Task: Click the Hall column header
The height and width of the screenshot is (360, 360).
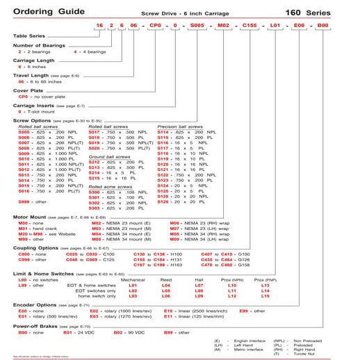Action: [x=198, y=279]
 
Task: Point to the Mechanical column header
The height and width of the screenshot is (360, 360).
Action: [x=133, y=279]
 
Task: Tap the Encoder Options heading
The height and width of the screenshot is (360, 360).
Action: [x=38, y=304]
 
